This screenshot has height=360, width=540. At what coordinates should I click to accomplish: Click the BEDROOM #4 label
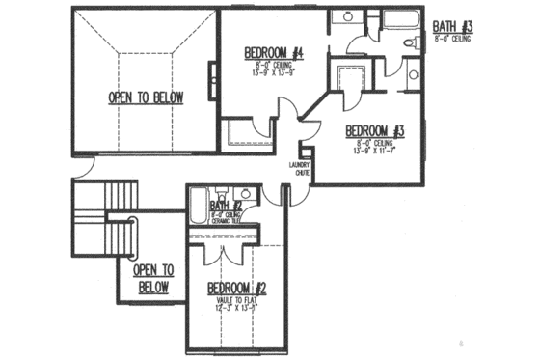click(274, 52)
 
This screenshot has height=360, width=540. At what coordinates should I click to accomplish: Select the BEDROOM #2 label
click(236, 288)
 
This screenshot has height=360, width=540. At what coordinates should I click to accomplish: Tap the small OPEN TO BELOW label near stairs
click(153, 279)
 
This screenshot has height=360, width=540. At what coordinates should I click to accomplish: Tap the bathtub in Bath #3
click(394, 21)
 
